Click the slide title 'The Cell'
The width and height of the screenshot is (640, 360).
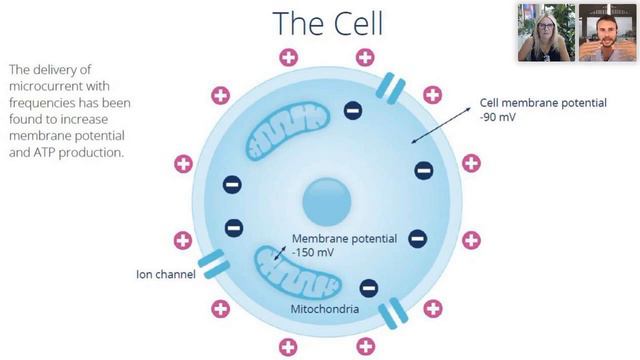coord(327,23)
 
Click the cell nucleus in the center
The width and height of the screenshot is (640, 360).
coord(327,202)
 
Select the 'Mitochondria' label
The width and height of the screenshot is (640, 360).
coord(325,309)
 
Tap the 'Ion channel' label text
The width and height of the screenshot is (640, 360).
coord(166,274)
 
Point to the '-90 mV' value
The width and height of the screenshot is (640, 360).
coord(498,118)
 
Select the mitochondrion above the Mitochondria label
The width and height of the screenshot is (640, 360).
coord(298,272)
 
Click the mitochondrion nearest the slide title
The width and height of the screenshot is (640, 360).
coord(288,131)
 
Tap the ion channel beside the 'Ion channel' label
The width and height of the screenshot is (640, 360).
coord(213,264)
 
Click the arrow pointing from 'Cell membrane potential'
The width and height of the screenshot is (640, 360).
coord(440,125)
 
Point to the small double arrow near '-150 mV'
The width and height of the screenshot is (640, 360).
coord(280,253)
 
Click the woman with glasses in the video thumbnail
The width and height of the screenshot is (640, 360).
coord(546,33)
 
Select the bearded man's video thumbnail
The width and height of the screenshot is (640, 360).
coord(607,33)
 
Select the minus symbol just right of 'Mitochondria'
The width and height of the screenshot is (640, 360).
coord(369,288)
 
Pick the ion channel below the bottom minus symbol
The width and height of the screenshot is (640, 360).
coord(393,313)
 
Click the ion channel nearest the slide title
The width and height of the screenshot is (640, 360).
coord(390,88)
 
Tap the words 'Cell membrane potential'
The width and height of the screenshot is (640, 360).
coord(543,103)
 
